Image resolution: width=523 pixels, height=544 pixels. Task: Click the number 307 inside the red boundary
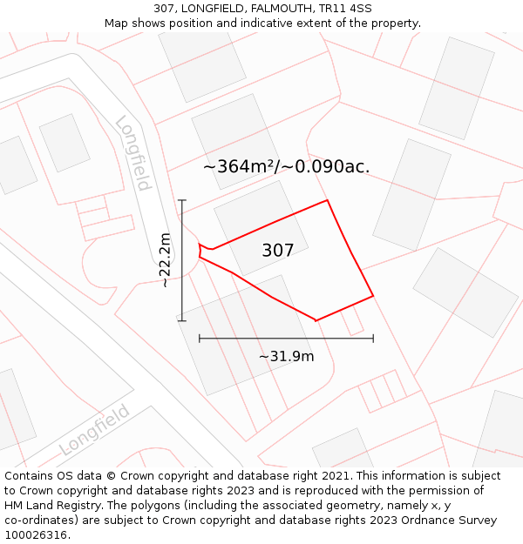(x=278, y=251)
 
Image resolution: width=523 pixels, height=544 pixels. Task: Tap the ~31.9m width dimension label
(x=286, y=356)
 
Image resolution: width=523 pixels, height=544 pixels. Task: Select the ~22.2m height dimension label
(x=166, y=259)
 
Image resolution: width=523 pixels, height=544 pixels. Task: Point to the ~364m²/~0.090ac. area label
(x=287, y=166)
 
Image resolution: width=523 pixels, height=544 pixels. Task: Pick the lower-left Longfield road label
(x=94, y=430)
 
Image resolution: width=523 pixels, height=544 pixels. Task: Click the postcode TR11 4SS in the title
(x=342, y=9)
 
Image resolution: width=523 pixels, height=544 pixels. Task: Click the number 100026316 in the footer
(x=37, y=534)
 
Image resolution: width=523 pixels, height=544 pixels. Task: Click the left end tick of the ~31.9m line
(x=200, y=338)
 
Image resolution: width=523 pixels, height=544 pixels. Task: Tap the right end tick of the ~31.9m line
(x=373, y=338)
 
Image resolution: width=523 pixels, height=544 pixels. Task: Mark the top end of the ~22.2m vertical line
(x=182, y=200)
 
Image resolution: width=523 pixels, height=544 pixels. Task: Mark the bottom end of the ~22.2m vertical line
(x=182, y=320)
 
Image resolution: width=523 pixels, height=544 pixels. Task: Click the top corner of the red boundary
(x=328, y=200)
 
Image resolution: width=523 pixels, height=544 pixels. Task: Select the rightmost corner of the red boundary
(x=373, y=296)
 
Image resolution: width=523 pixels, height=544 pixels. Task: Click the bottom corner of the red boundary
(x=316, y=320)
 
